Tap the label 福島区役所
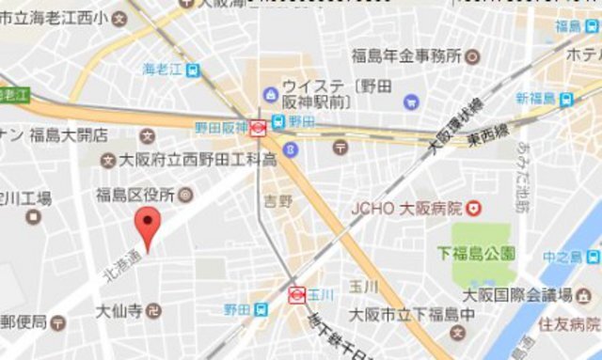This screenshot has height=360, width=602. [135, 196]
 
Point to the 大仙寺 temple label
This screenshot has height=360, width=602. [119, 308]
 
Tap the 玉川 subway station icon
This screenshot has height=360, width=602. [295, 294]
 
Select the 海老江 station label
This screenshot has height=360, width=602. [163, 69]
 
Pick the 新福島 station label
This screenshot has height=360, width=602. [535, 98]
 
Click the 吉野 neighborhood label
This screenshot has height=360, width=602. [278, 200]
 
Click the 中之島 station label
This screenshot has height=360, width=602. [562, 256]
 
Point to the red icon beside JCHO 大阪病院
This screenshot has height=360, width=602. [475, 208]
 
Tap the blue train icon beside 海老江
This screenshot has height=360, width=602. [193, 69]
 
